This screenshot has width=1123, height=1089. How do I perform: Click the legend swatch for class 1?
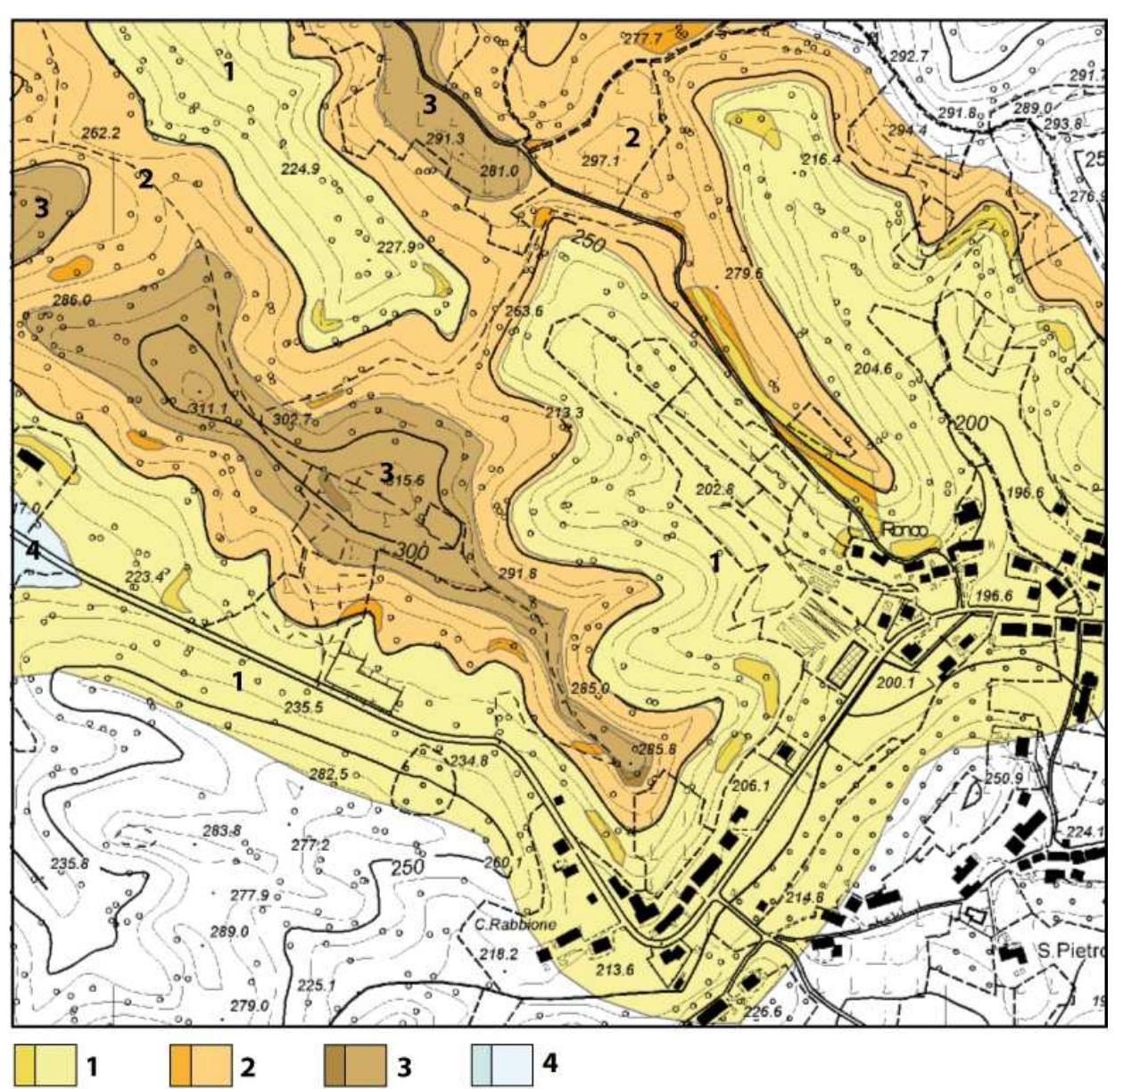[x=45, y=1065]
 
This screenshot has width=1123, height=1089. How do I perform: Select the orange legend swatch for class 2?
[x=201, y=1065]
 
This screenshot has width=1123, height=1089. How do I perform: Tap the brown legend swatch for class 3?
[x=355, y=1065]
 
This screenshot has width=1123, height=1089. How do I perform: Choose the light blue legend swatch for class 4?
[x=501, y=1065]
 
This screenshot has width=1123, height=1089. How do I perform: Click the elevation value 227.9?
[x=395, y=248]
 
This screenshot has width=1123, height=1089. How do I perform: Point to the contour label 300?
[x=411, y=552]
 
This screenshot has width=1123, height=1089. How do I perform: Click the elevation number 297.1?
[x=599, y=161]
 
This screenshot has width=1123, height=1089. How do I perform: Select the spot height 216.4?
[x=821, y=160]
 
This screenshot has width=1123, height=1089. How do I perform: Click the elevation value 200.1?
[x=896, y=683]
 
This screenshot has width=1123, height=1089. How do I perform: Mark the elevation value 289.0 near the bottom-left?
[x=229, y=932]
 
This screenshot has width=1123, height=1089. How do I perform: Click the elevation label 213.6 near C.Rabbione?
[x=615, y=969]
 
